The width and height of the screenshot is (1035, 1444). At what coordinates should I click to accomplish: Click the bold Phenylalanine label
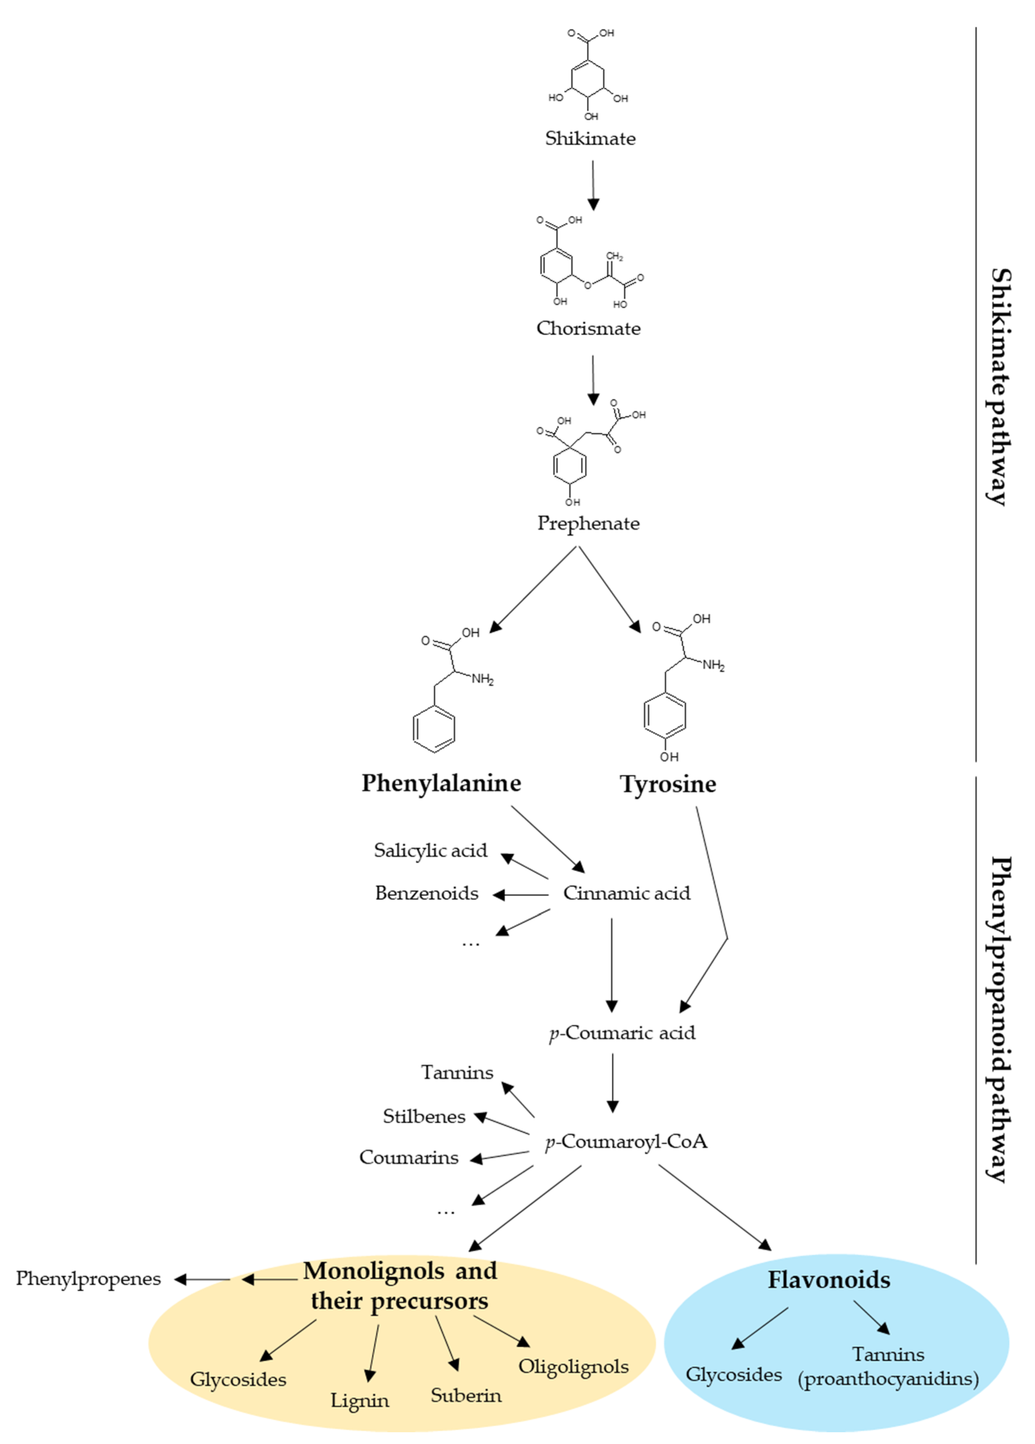441,783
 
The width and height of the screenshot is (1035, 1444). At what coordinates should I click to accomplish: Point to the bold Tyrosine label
668,784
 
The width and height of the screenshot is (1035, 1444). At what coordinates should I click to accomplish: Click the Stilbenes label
424,1116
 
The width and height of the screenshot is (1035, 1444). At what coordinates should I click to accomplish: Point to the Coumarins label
409,1157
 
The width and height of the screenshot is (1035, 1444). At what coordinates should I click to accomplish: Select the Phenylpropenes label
88,1278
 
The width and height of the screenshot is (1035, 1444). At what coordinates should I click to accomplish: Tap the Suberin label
466,1395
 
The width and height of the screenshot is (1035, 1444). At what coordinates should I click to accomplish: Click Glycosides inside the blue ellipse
733,1374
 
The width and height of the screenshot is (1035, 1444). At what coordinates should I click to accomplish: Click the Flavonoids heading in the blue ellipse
829,1279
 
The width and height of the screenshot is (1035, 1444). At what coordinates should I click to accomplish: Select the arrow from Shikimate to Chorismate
593,185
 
